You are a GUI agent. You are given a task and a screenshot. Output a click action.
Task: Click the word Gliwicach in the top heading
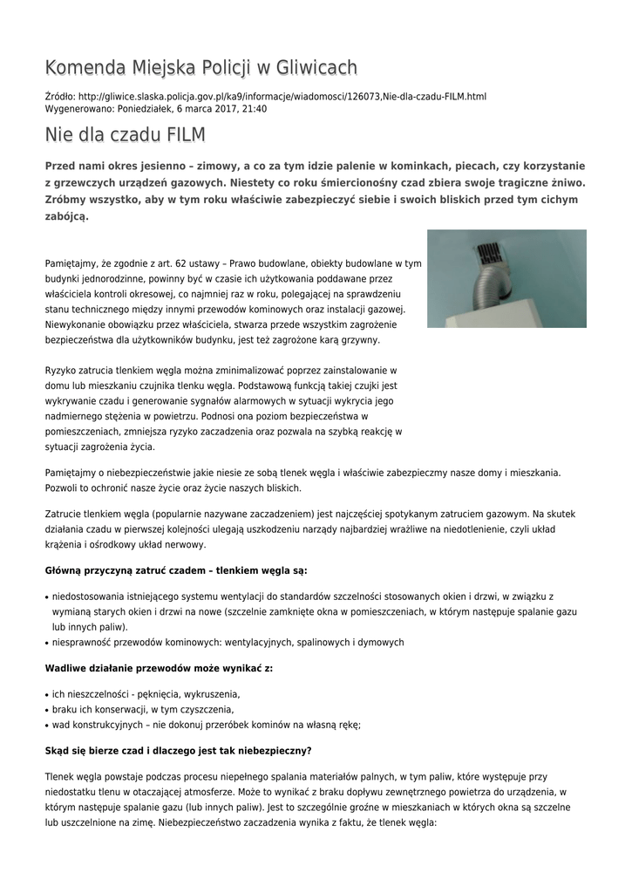[314, 67]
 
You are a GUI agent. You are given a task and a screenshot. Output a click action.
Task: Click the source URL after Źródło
[282, 96]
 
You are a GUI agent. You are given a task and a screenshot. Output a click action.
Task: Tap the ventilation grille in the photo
[490, 254]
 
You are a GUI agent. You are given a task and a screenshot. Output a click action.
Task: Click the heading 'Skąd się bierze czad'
[179, 750]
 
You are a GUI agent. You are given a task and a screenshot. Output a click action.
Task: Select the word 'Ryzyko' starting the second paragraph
[61, 371]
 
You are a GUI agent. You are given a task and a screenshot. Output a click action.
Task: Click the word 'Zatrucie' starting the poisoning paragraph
[64, 515]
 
